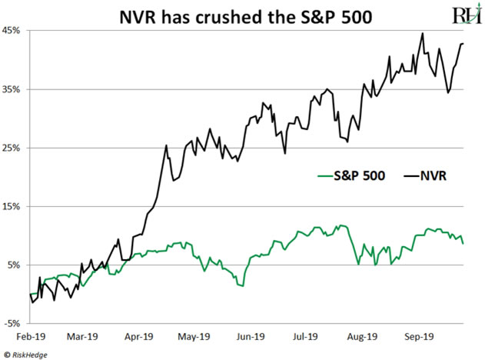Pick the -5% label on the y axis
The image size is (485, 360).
click(12, 324)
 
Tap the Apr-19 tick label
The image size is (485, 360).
click(138, 336)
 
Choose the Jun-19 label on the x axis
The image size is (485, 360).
click(250, 336)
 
